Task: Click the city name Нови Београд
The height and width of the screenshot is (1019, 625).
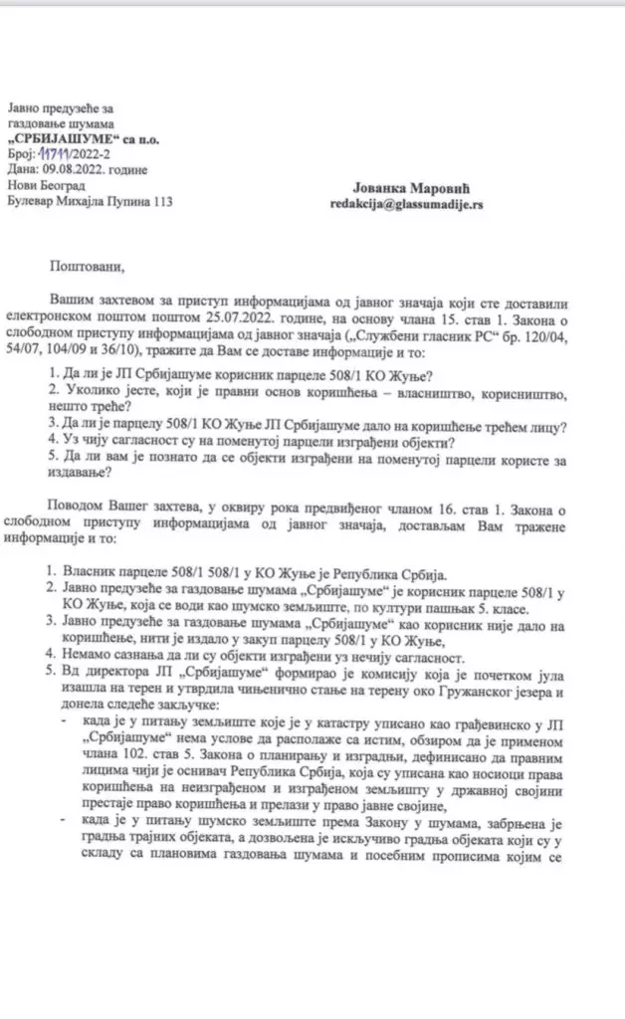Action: click(46, 186)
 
